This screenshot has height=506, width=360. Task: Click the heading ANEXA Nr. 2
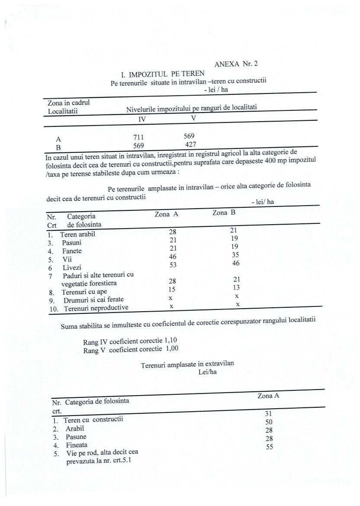[x=236, y=64]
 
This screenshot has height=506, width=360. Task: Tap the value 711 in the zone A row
[x=138, y=137]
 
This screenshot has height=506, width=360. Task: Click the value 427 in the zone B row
[x=191, y=144]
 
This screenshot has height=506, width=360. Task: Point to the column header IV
[x=142, y=119]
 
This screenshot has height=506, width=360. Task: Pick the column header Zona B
[x=224, y=213]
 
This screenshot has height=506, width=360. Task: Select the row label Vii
[x=67, y=259]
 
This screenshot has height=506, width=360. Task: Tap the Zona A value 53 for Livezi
[x=172, y=264]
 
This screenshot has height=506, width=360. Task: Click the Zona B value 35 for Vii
[x=236, y=255]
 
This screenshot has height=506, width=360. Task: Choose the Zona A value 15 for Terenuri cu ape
[x=172, y=289]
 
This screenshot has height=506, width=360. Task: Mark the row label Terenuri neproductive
[x=96, y=309]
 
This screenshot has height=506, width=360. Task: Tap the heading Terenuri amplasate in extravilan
[x=187, y=364]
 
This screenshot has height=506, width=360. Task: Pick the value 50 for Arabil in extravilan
[x=269, y=422]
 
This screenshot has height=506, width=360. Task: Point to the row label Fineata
[x=77, y=445]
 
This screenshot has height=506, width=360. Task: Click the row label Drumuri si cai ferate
[x=93, y=300]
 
